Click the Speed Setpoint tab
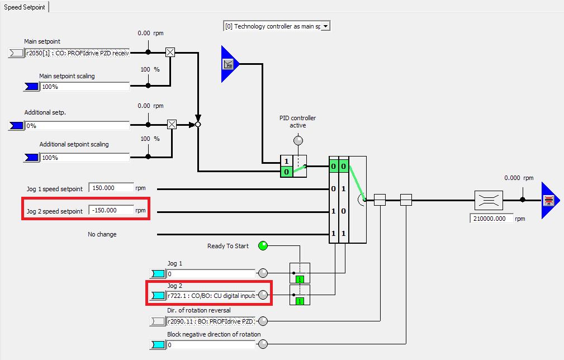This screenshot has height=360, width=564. pyautogui.click(x=25, y=7)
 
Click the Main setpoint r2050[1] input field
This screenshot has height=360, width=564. pyautogui.click(x=77, y=53)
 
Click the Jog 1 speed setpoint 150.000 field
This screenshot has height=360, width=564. pyautogui.click(x=111, y=188)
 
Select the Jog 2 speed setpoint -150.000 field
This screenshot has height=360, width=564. pyautogui.click(x=111, y=211)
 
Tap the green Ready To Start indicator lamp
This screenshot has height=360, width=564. pyautogui.click(x=263, y=245)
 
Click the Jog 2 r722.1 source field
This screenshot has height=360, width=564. pyautogui.click(x=211, y=296)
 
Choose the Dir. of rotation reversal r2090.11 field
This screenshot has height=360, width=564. pyautogui.click(x=211, y=321)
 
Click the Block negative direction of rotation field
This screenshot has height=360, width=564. pyautogui.click(x=211, y=345)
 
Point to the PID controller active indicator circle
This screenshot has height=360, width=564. pyautogui.click(x=298, y=140)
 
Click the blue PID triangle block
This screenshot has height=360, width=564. pyautogui.click(x=230, y=64)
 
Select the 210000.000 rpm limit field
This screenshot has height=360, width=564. pyautogui.click(x=492, y=219)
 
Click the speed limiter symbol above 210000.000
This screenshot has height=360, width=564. pyautogui.click(x=488, y=200)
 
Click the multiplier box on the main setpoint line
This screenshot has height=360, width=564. pyautogui.click(x=170, y=53)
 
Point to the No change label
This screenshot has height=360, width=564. pyautogui.click(x=102, y=234)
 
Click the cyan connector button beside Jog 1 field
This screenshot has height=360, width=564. pyautogui.click(x=158, y=273)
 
